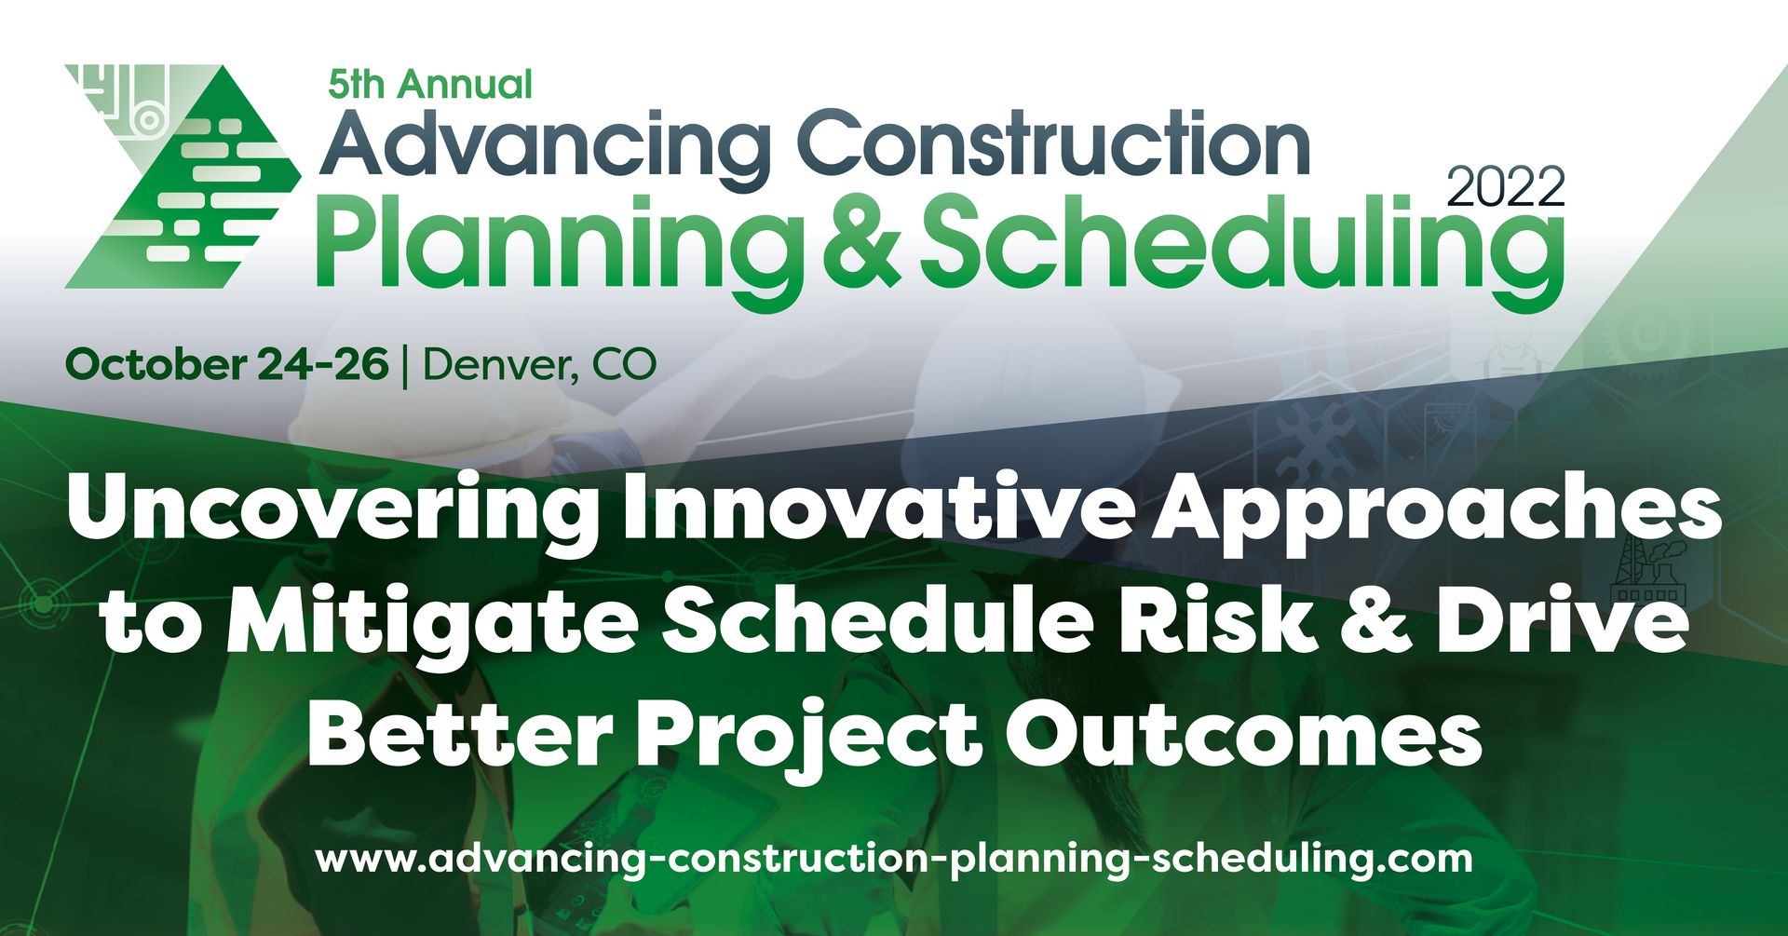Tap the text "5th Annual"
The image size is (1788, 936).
429,85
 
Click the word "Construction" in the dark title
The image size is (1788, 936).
1053,144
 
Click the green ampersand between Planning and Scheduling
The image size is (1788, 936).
861,240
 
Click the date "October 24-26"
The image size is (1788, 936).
227,364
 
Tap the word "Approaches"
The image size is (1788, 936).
1435,510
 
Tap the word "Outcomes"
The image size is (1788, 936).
1242,733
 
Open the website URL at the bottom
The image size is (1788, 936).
894,857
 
